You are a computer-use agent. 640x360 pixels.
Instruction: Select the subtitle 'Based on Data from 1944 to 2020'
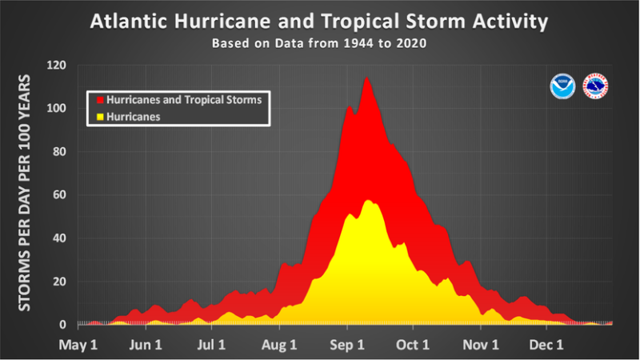319,43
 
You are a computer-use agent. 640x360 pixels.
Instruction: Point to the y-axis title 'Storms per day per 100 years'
25,194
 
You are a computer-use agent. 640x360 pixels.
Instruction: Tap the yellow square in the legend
101,116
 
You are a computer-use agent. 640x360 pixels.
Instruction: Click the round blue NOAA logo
562,86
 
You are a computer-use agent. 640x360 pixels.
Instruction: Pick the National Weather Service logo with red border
596,86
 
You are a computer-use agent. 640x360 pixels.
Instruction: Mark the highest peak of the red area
366,77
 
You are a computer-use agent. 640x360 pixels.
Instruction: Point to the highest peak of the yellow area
367,200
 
